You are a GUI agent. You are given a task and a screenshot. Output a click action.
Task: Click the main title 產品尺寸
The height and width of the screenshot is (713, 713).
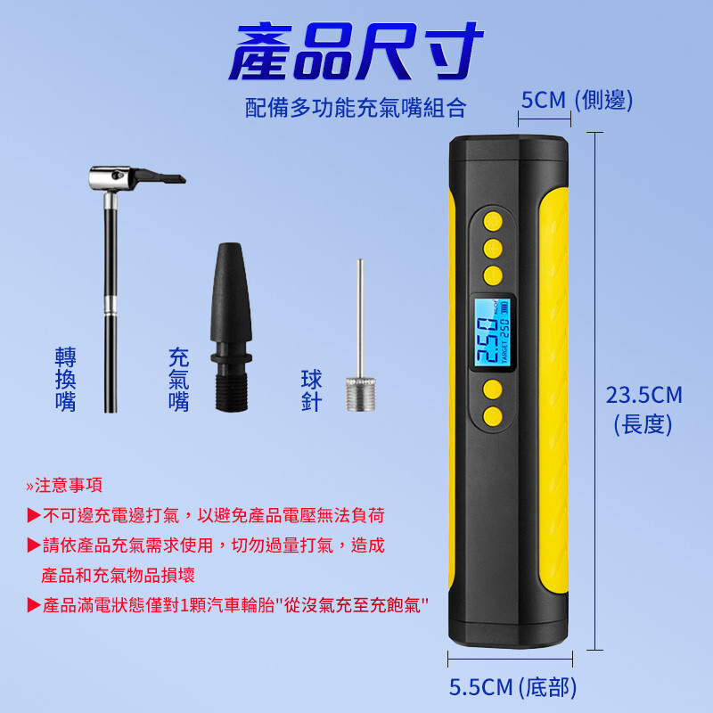(356, 52)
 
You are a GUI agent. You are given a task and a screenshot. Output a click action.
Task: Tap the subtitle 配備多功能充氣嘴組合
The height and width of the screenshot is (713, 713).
(356, 108)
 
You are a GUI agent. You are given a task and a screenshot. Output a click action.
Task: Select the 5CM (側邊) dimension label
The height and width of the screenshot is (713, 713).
(577, 100)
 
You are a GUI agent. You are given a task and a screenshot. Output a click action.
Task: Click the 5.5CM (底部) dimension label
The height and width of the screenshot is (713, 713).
(512, 686)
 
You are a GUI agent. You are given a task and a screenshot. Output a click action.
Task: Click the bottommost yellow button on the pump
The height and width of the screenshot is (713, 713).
(493, 416)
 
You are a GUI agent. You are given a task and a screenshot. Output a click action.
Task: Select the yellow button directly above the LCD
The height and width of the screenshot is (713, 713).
(493, 275)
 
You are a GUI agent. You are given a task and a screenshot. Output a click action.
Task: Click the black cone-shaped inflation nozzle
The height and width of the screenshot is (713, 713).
(231, 327)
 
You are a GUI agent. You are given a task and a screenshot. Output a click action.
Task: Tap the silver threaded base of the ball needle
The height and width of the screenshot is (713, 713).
(361, 394)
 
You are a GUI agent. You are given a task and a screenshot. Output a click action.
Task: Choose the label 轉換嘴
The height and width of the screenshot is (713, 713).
(65, 380)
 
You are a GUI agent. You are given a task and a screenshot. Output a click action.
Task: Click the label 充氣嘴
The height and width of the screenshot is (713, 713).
(179, 380)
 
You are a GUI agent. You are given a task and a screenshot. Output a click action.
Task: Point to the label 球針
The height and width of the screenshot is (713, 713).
(311, 390)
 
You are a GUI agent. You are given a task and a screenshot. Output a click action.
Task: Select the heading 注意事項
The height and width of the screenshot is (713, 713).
(64, 485)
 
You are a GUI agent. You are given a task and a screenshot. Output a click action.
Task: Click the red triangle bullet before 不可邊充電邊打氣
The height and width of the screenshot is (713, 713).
(34, 516)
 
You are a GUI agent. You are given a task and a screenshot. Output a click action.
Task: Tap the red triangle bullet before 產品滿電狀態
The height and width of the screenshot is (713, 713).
(34, 605)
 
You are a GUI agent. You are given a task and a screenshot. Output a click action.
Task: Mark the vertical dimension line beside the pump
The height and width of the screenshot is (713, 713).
(594, 391)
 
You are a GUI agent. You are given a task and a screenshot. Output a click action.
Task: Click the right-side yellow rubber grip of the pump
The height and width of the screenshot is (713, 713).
(553, 391)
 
